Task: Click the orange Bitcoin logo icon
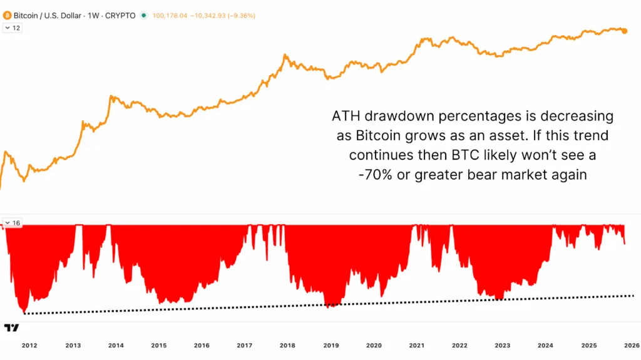coord(8,15)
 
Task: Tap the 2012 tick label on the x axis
coord(29,345)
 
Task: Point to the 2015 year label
coord(159,345)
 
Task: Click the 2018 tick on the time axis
coord(288,345)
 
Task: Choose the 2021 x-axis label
coord(417,345)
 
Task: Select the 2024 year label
coord(545,345)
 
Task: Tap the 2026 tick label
coord(630,345)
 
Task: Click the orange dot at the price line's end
coord(625,30)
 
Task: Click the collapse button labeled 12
coord(13,28)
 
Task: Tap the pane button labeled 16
coord(13,223)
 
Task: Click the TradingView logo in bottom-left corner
coord(11,327)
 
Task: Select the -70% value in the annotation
coord(374,175)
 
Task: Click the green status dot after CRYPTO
coord(145,15)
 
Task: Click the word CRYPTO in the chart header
coord(121,15)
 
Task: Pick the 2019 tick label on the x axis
coord(331,345)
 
